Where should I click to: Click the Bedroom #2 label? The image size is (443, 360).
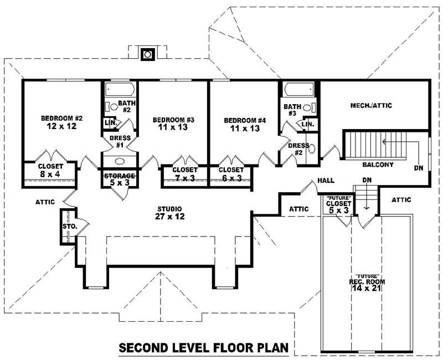pos(61,118)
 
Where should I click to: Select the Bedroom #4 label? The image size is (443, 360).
pos(245,120)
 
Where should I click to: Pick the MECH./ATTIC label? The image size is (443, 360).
pos(371,105)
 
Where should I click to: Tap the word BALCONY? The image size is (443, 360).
pos(378,164)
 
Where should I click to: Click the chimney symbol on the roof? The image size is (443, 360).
pos(147,54)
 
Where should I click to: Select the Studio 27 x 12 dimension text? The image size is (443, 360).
pos(169,217)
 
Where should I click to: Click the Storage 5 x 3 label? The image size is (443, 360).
pos(120,179)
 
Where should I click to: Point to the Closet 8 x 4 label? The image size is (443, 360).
pos(50,170)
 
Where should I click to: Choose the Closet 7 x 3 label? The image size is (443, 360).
pos(184,173)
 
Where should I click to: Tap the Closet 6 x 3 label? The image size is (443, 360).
pos(230,173)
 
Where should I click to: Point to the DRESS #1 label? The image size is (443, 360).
pos(120,141)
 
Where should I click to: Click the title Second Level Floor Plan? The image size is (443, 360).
pos(203,348)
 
